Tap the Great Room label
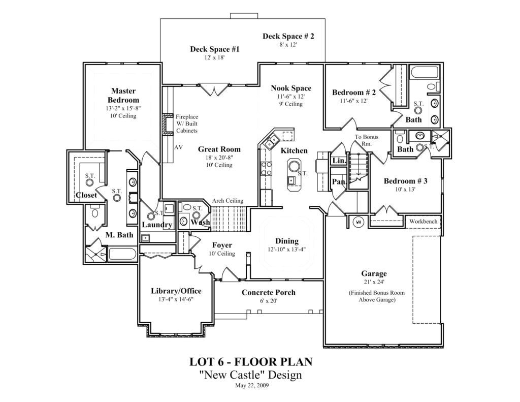(219, 149)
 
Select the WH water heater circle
(358, 222)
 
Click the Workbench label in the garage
(423, 222)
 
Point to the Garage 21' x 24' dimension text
(374, 282)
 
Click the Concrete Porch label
(268, 292)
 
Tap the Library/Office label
(176, 291)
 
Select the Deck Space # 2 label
(288, 36)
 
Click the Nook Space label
(290, 88)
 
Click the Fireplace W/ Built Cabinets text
(186, 123)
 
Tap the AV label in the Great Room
(179, 147)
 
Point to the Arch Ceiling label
(227, 201)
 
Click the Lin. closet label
(339, 161)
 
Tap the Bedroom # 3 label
(405, 181)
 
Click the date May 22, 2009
(252, 385)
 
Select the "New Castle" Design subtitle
(250, 375)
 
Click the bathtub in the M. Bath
(122, 254)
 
